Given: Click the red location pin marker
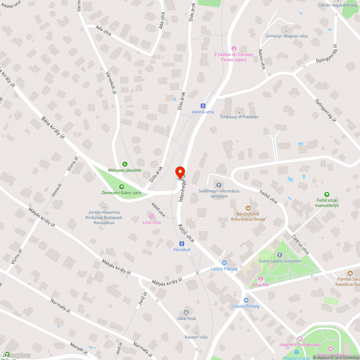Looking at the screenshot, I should pyautogui.click(x=180, y=172).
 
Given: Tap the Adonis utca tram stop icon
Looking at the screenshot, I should pyautogui.click(x=203, y=106).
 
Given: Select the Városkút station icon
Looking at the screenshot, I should pyautogui.click(x=182, y=243).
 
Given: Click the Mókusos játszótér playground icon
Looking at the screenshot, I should pyautogui.click(x=125, y=164).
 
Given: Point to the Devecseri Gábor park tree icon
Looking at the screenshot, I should pyautogui.click(x=121, y=186).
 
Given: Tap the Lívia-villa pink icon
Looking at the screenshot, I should pyautogui.click(x=152, y=216).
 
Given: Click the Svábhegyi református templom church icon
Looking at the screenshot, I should pyautogui.click(x=219, y=185).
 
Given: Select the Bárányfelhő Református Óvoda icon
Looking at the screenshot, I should pyautogui.click(x=248, y=208).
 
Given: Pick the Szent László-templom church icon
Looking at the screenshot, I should pyautogui.click(x=279, y=255).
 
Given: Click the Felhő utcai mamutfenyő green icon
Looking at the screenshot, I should pyautogui.click(x=327, y=194).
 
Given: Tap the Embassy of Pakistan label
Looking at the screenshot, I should pyautogui.click(x=239, y=117).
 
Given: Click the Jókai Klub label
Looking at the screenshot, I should pyautogui.click(x=186, y=319).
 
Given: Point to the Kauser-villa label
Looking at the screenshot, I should pyautogui.click(x=196, y=337).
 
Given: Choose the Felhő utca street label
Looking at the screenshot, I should pyautogui.click(x=269, y=197).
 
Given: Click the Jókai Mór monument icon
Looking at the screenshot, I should pyautogui.click(x=261, y=279).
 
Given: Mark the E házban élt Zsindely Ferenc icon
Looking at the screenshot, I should pyautogui.click(x=234, y=49).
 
